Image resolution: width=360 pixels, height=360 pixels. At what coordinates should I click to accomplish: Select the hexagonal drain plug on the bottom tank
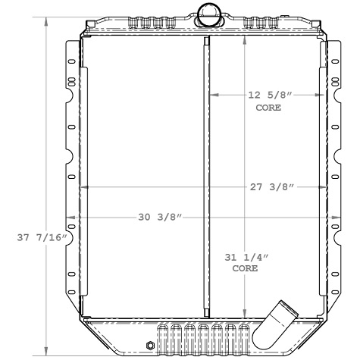pos(149,346)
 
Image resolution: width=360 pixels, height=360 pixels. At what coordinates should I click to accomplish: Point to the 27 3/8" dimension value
pos(270,187)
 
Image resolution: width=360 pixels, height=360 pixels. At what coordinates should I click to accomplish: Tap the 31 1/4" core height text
pos(245,257)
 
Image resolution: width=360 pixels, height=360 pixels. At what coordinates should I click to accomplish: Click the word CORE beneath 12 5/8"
pos(268,108)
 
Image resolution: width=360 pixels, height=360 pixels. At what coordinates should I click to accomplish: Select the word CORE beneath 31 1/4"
pos(245,268)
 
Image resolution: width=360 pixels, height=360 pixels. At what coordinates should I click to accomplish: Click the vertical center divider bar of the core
pos(206,174)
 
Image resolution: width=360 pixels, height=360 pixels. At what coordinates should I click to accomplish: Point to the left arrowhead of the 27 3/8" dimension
pos(83,187)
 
